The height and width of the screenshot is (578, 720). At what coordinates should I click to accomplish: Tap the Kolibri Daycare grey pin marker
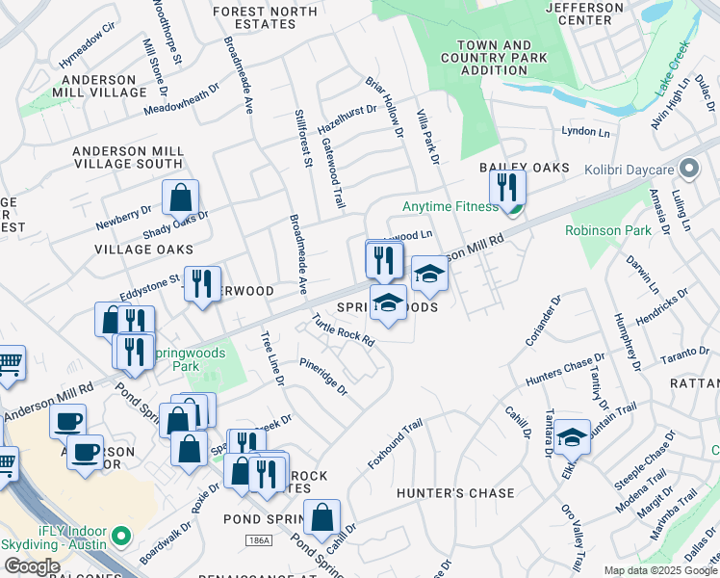(688, 170)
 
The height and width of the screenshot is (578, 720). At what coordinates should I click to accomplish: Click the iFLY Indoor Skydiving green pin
(121, 535)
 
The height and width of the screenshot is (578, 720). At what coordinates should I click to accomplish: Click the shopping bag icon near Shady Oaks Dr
(180, 198)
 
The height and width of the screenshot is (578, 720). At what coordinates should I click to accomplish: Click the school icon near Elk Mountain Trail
(572, 438)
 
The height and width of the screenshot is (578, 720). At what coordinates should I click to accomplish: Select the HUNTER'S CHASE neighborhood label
(456, 493)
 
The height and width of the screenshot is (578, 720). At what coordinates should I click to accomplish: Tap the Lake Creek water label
(675, 81)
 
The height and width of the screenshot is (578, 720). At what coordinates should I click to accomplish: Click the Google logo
(32, 566)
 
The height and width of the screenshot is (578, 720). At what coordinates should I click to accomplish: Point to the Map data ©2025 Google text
(660, 570)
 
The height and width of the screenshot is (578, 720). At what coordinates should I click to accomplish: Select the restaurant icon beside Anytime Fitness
(507, 188)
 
